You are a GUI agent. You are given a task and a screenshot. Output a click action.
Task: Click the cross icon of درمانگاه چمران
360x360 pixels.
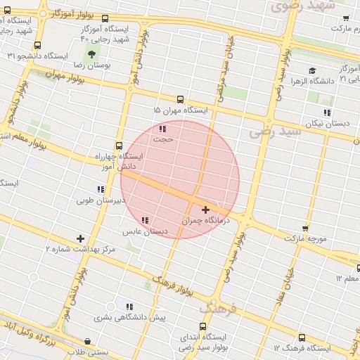tap(205, 210)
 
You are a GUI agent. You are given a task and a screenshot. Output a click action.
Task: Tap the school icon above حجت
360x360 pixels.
tap(162, 129)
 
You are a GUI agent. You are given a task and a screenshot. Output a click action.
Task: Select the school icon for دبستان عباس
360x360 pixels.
tap(145, 221)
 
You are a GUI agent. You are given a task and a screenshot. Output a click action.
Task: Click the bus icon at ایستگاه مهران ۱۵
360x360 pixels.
tap(181, 100)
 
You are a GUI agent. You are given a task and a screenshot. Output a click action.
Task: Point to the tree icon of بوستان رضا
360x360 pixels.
tap(91, 54)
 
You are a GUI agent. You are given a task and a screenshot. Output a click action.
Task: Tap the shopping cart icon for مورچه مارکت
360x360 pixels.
tap(304, 229)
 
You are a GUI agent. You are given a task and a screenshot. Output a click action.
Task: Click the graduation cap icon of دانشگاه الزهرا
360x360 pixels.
tap(311, 70)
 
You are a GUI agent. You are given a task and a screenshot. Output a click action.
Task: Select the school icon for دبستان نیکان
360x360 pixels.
tap(326, 112)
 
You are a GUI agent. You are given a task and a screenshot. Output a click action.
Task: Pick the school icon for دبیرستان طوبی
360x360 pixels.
tap(101, 189)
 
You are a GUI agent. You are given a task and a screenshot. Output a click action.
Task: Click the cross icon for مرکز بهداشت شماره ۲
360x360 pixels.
tap(80, 239)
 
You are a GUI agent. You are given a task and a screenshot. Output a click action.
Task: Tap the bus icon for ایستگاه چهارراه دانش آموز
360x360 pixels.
tap(118, 146)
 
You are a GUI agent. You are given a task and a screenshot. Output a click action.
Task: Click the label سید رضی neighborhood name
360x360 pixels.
tap(275, 131)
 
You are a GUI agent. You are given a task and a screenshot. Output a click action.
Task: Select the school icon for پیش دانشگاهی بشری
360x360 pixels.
tap(129, 307)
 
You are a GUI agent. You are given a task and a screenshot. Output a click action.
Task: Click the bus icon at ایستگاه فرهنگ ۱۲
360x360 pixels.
tap(302, 337)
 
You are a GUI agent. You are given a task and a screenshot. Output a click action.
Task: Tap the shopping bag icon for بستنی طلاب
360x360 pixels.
tap(86, 341)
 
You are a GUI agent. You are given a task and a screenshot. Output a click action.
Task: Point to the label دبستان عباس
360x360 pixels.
tap(146, 231)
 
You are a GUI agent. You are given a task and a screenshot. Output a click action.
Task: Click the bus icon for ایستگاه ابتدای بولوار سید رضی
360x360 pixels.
tap(203, 326)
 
